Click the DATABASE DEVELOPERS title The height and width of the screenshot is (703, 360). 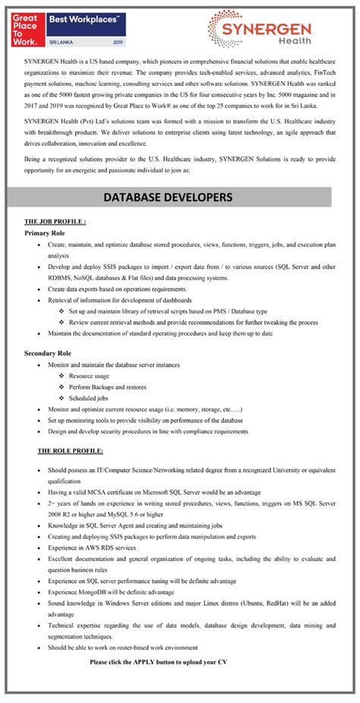click(x=179, y=197)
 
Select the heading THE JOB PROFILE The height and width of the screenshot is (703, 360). click(x=55, y=222)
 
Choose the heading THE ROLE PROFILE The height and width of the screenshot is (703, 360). click(x=71, y=451)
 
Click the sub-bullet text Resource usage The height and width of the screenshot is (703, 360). click(x=89, y=376)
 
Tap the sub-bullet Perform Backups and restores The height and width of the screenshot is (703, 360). click(x=108, y=386)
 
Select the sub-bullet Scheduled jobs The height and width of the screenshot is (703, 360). click(x=88, y=398)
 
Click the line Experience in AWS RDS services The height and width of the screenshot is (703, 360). click(x=92, y=547)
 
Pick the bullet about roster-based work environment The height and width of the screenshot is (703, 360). click(x=122, y=648)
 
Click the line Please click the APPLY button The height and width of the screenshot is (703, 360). click(x=158, y=662)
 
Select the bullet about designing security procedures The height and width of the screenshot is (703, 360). click(x=147, y=431)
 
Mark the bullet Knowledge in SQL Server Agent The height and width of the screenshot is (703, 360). click(x=134, y=525)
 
